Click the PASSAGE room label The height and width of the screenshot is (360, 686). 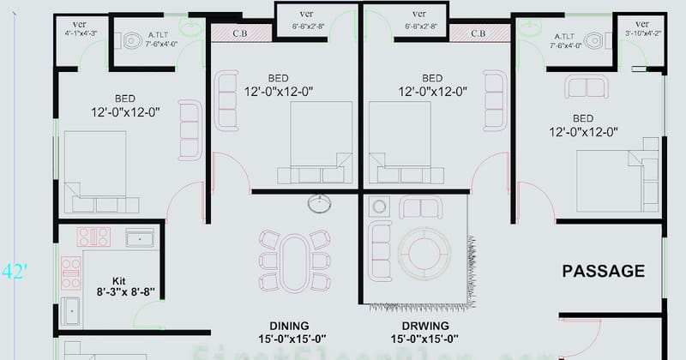603,272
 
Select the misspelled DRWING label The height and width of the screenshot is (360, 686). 424,325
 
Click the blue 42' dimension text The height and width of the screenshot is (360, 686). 15,272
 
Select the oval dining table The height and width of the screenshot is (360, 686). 295,261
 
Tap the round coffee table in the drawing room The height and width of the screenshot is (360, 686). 424,254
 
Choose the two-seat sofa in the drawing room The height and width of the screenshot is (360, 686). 421,207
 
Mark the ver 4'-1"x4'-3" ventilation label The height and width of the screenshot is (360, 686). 80,28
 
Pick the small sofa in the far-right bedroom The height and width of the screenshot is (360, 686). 587,86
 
